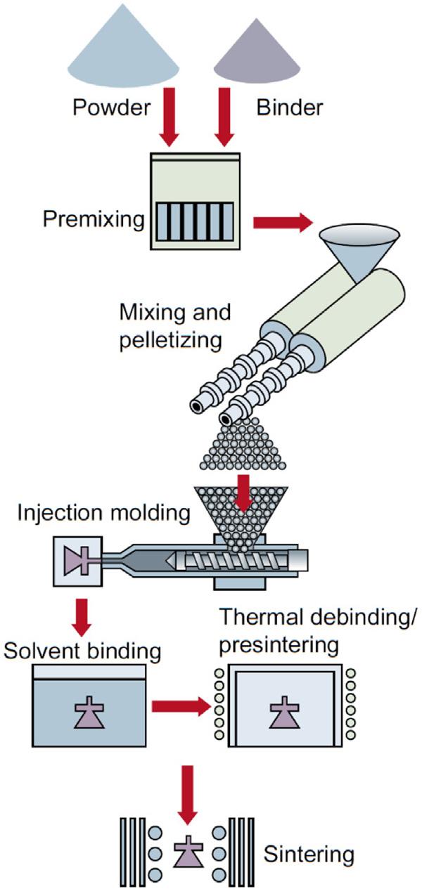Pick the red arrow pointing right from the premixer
pyautogui.click(x=281, y=223)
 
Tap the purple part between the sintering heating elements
pyautogui.click(x=186, y=854)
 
